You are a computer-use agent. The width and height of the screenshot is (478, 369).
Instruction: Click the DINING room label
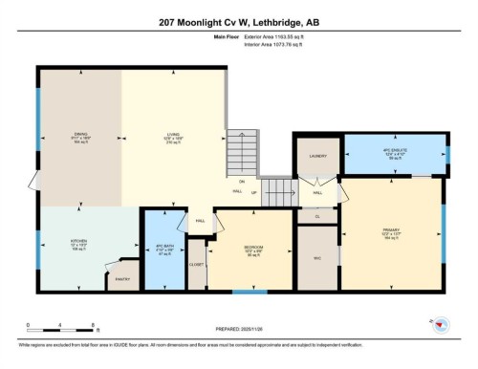pos(81,134)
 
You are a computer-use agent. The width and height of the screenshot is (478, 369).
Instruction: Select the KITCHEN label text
pos(79,241)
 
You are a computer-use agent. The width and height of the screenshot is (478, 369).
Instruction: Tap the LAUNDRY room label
pos(318,155)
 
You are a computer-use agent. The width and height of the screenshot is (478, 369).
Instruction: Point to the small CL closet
pos(317,216)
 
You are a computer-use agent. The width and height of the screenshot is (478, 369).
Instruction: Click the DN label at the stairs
pos(242,181)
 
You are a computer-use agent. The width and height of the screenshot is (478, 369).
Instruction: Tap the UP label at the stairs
pos(253,193)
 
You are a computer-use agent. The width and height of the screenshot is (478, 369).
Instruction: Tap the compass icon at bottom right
pos(441,325)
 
